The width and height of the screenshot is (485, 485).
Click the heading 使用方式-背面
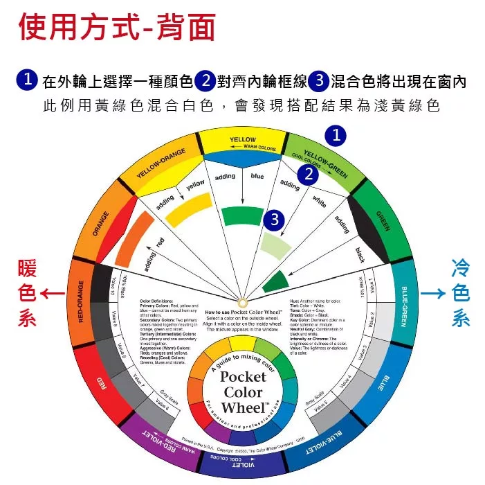[x=116, y=28]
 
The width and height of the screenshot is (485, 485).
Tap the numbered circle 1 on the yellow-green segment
[x=336, y=136]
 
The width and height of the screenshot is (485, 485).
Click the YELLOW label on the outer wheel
[x=242, y=140]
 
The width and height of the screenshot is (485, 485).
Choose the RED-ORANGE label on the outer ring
[x=81, y=301]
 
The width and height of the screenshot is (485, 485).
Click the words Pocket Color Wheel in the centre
[x=242, y=391]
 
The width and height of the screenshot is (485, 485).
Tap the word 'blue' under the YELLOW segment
[x=257, y=177]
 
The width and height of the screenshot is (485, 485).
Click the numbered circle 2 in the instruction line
[x=205, y=81]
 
